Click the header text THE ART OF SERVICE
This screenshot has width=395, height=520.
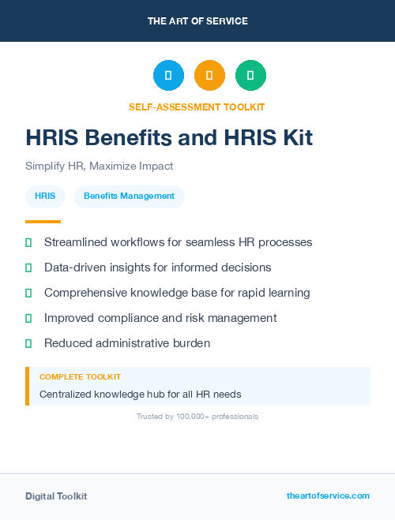point(197,21)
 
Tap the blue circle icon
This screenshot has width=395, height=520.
point(168,76)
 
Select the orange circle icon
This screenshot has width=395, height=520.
point(209,76)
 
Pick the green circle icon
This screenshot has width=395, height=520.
point(250,76)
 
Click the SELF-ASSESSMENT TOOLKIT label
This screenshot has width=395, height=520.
point(197,107)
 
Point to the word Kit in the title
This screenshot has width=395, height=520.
point(293,138)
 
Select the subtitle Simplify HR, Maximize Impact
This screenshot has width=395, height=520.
point(99,166)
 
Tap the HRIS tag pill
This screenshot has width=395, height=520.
point(45,196)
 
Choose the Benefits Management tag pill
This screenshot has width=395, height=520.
point(129,196)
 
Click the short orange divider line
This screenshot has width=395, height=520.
point(43,222)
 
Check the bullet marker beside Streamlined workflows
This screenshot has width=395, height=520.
point(28,242)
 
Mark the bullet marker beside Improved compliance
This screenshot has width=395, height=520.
point(28,318)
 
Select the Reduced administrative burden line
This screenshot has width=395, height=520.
point(127,343)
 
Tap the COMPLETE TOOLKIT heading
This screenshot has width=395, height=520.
point(80,377)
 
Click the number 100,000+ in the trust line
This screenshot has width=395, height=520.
point(194,416)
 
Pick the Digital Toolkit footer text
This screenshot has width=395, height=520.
point(56,496)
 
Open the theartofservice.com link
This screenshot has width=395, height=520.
point(328,496)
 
